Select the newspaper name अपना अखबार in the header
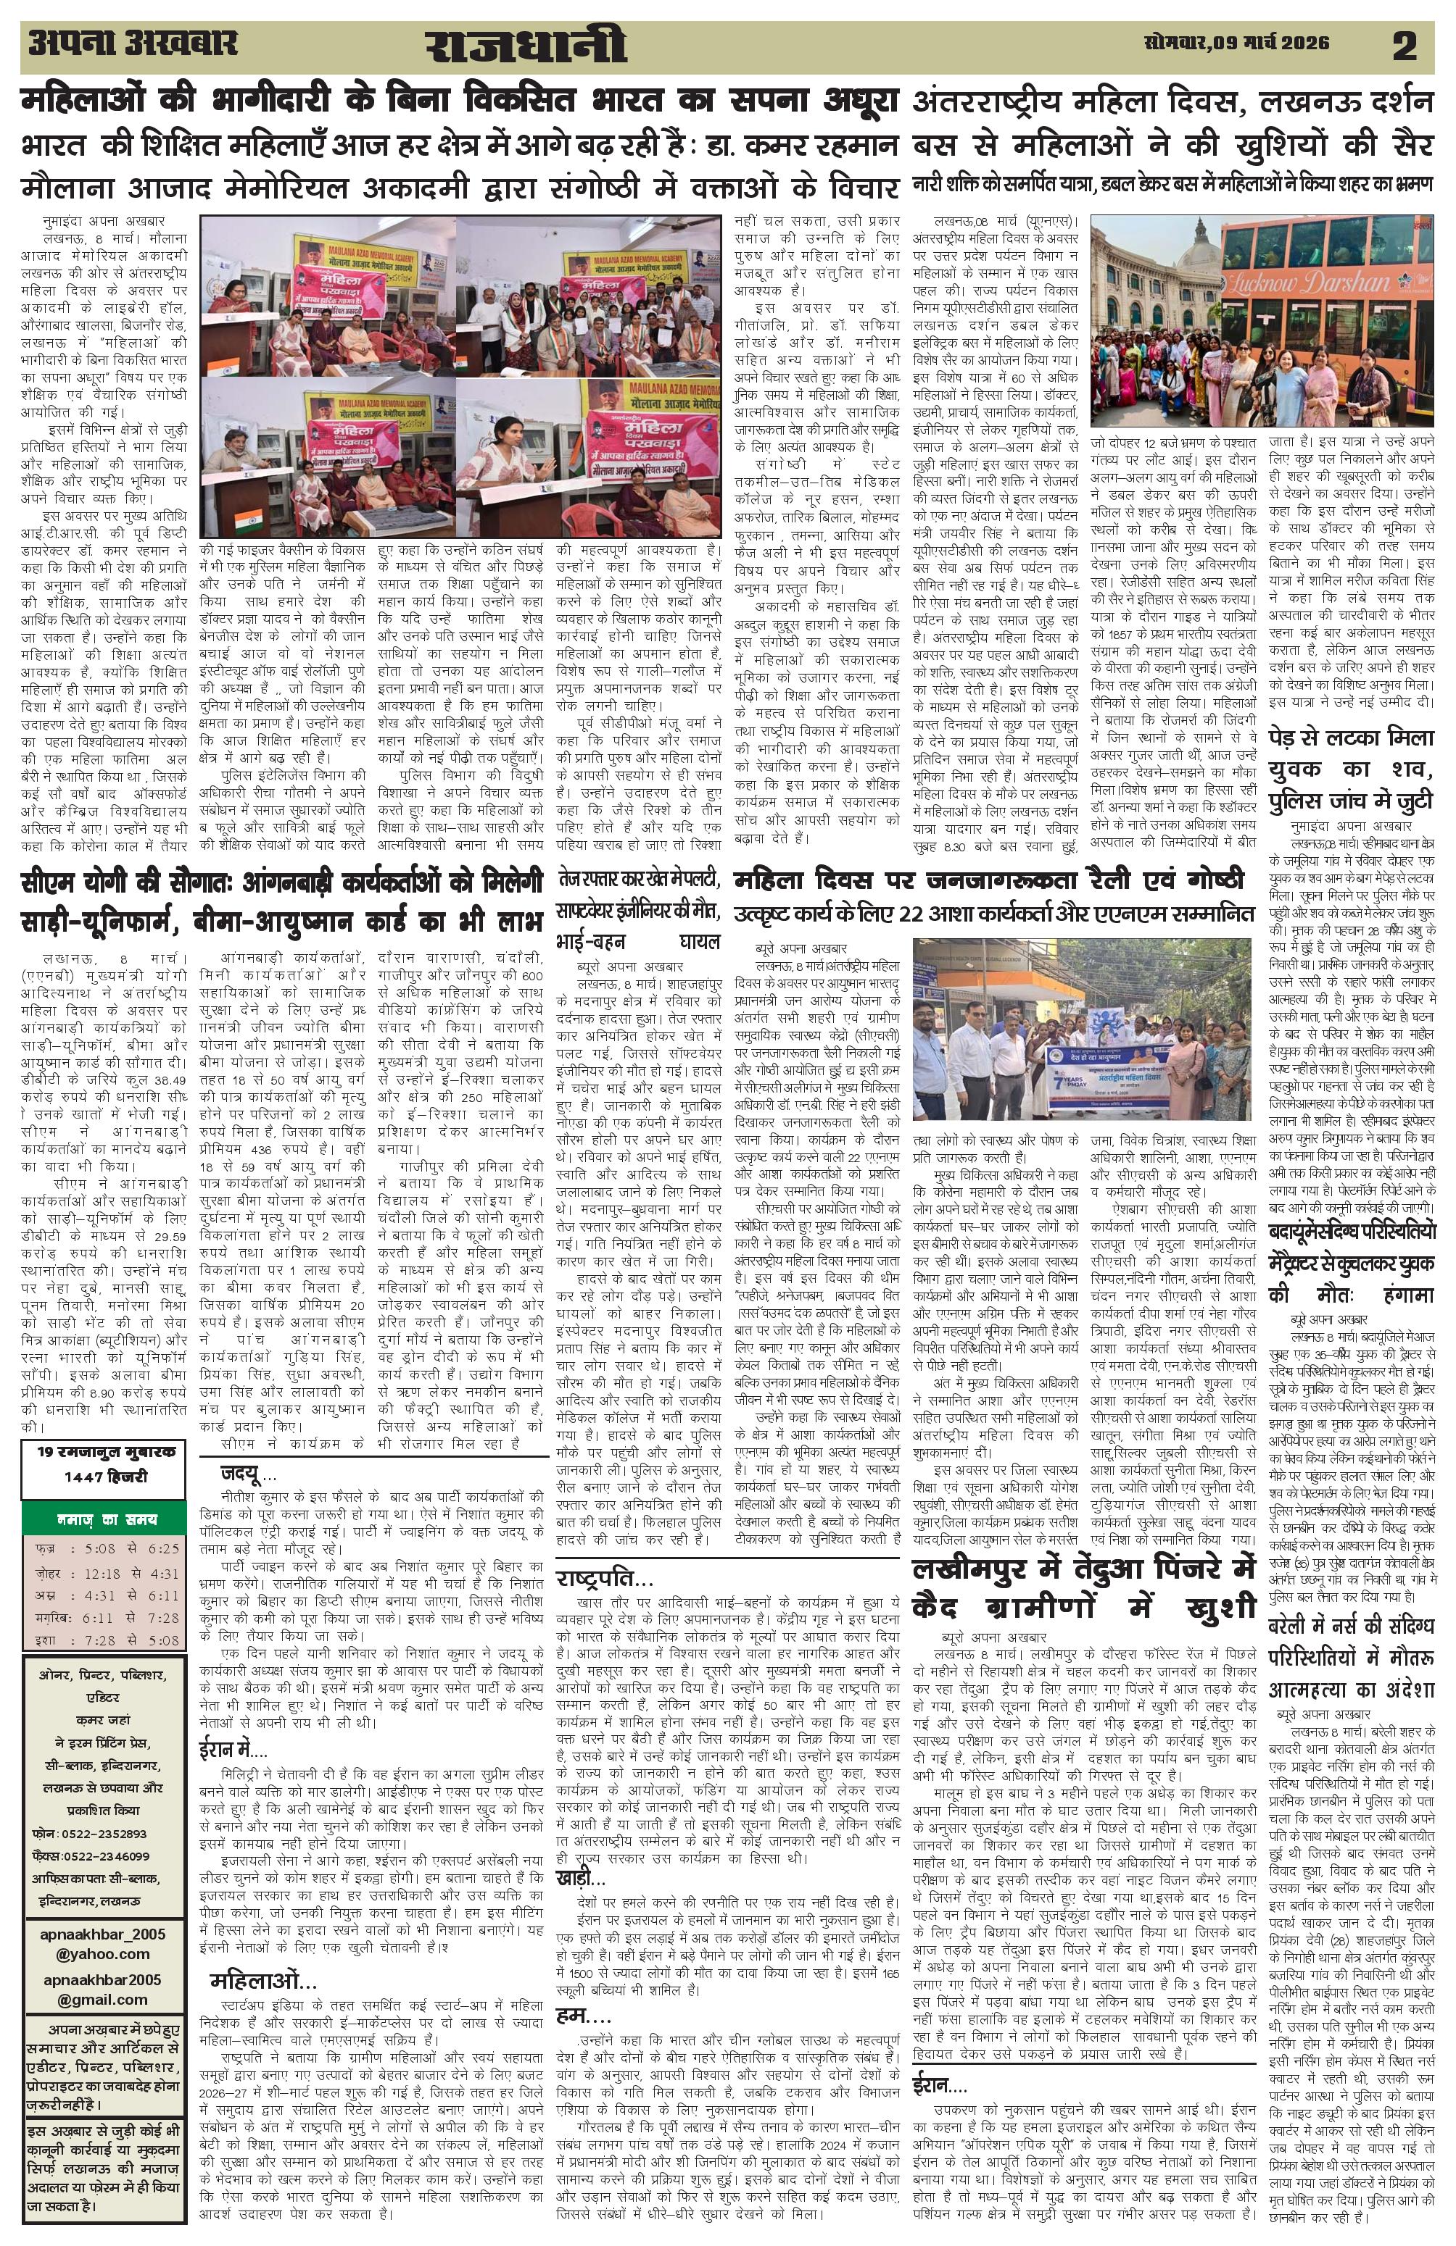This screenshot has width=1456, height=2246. tap(132, 43)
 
